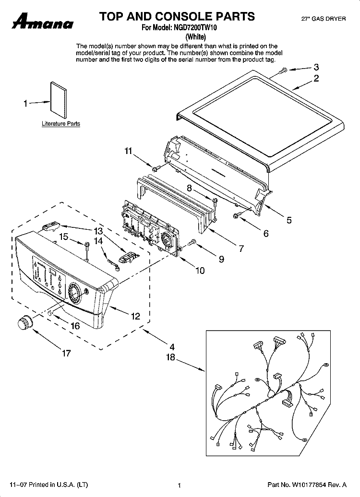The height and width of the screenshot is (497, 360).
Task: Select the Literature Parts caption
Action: click(61, 124)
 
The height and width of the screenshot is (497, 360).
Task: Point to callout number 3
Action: click(316, 67)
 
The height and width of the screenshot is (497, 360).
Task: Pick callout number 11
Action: click(127, 151)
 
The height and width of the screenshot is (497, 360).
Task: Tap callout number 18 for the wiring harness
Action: click(171, 357)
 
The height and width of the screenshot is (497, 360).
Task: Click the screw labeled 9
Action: click(193, 243)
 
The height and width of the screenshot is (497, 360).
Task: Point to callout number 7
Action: click(241, 248)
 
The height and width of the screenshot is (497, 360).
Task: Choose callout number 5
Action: click(289, 220)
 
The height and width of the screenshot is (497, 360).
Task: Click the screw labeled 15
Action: click(87, 246)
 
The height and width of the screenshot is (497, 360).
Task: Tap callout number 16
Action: click(75, 326)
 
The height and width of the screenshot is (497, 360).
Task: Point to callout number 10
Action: click(200, 271)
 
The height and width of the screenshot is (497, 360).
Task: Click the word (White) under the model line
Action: click(195, 36)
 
